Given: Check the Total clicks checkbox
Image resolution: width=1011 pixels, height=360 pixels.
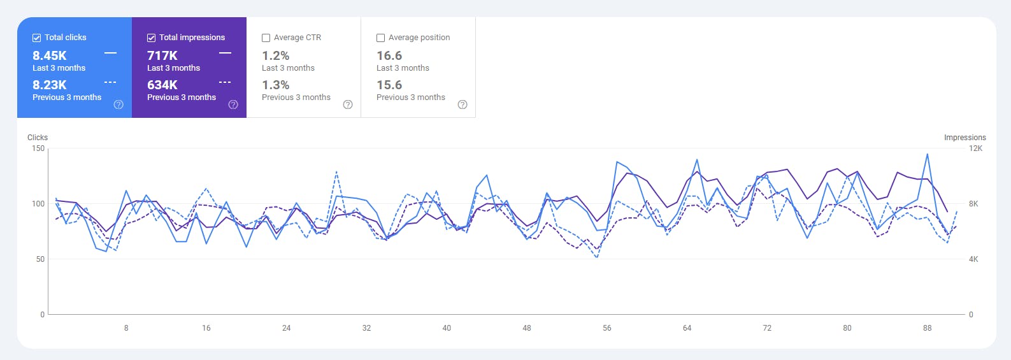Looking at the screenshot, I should (37, 38).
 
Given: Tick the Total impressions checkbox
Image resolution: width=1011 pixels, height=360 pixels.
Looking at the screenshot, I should (152, 38).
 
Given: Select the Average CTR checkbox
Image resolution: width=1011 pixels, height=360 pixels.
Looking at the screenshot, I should (266, 38).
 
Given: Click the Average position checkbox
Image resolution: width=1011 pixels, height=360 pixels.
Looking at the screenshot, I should (381, 38).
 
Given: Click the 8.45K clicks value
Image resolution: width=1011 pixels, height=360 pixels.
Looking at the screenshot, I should (50, 56).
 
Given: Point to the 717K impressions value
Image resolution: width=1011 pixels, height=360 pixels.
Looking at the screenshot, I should (162, 56).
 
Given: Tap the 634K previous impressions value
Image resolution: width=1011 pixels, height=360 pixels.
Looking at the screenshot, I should (162, 85).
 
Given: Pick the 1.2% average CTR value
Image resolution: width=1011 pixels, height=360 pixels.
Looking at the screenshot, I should (276, 56).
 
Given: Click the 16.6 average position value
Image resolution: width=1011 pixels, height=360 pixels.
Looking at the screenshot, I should (389, 56).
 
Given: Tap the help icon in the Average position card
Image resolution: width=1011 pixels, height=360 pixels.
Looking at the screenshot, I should (462, 104).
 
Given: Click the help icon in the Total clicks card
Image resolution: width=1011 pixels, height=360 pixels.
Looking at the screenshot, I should (118, 104).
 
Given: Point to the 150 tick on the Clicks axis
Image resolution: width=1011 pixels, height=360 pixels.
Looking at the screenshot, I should (38, 148).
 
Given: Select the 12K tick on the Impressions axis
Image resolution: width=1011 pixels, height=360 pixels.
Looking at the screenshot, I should (975, 148).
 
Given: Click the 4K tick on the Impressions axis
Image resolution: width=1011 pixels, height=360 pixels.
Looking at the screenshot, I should (973, 259).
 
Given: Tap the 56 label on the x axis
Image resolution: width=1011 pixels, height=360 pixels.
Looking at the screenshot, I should (606, 328).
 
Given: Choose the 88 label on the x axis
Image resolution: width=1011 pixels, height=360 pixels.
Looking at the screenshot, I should (927, 328).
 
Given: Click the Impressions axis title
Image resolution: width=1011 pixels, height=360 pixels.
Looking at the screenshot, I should (964, 138).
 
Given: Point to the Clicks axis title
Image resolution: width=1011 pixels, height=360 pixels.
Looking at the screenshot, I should (38, 138).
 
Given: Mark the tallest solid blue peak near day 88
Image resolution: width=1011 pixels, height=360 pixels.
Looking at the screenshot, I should (927, 154).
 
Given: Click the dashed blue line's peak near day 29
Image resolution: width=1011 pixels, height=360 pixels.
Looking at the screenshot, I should (336, 171).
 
